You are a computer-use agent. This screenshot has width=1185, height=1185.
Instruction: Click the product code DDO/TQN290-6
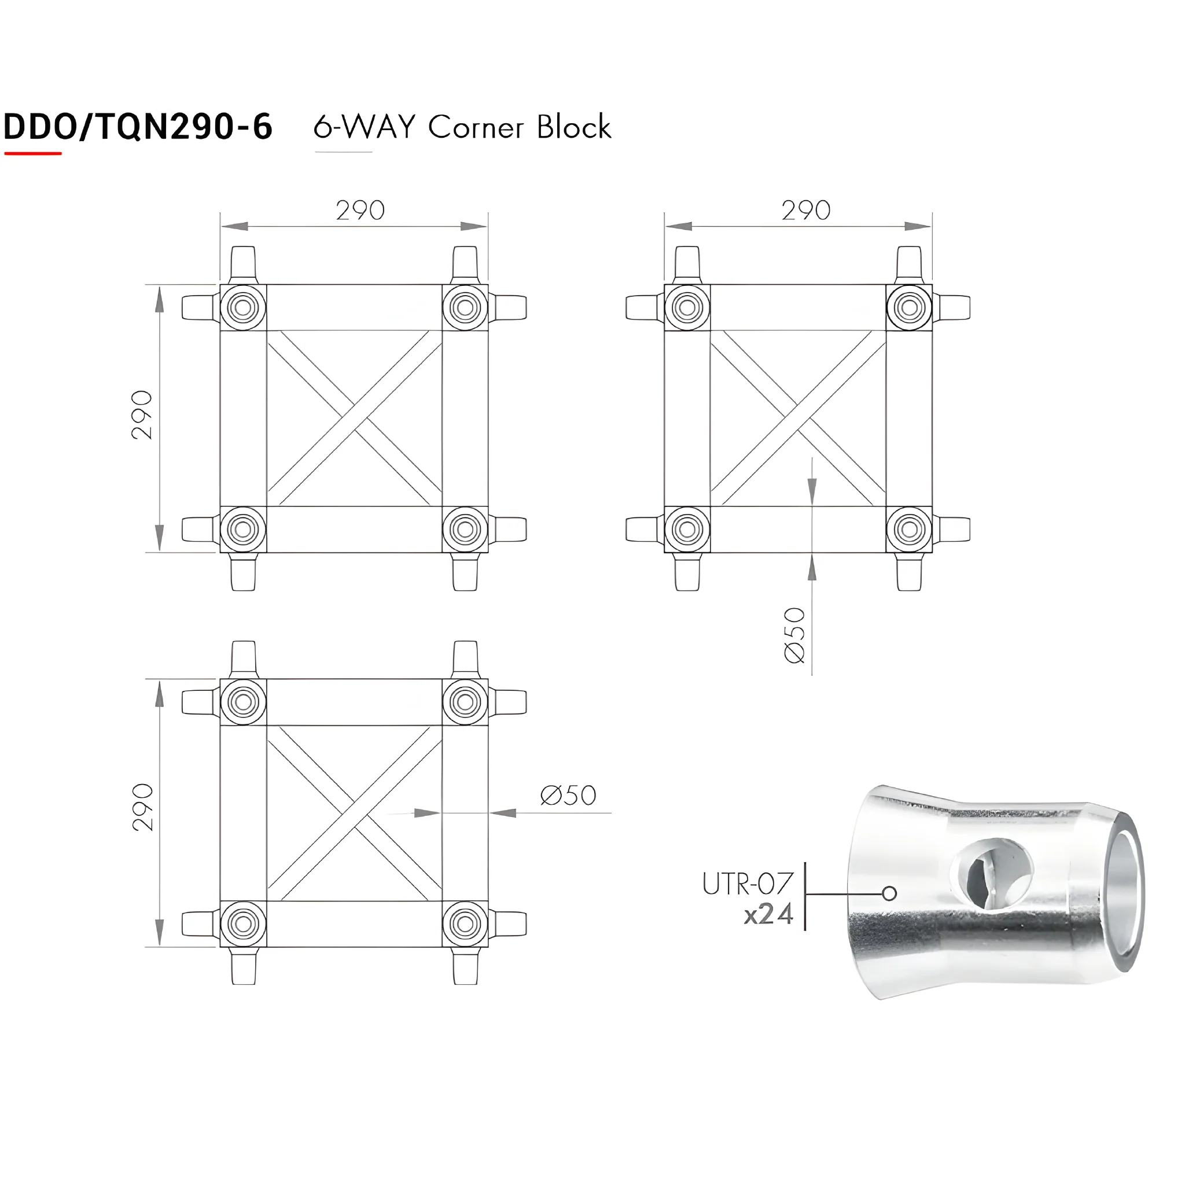point(138,127)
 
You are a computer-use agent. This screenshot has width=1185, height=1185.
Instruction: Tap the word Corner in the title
point(476,127)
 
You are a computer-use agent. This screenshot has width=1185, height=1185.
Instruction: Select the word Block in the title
point(574,127)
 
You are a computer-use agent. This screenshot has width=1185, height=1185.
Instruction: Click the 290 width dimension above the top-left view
point(360,211)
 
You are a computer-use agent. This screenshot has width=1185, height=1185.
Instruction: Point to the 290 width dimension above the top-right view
point(806,211)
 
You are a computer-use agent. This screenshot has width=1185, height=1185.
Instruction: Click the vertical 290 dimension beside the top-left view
point(142,415)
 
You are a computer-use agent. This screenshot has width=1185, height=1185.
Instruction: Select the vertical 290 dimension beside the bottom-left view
point(142,807)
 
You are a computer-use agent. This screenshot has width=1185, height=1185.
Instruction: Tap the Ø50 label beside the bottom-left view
point(568,796)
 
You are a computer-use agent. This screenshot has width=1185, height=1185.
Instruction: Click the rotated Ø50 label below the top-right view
point(794,635)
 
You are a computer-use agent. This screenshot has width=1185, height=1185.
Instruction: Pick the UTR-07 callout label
point(748,885)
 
